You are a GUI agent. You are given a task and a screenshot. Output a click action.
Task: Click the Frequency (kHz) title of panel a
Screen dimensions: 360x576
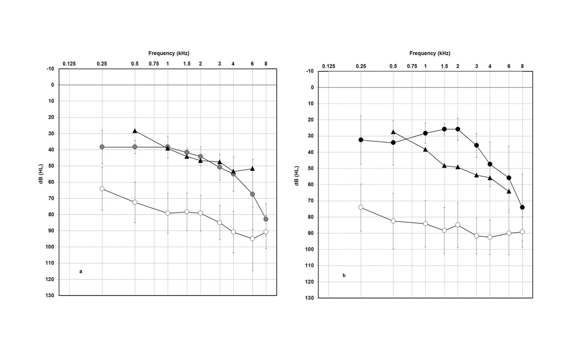[169, 53]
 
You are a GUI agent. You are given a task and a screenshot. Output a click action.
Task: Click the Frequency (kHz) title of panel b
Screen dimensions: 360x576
[430, 53]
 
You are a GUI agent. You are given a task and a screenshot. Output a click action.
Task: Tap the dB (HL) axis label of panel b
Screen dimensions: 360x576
[297, 176]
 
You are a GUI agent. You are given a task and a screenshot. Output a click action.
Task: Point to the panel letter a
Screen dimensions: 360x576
[81, 271]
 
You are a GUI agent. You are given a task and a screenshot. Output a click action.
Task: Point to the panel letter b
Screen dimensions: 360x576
[344, 276]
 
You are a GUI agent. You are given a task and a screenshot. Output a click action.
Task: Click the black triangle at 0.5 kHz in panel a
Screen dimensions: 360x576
[135, 130]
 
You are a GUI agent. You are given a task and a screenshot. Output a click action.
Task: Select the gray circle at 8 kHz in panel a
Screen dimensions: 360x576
[266, 219]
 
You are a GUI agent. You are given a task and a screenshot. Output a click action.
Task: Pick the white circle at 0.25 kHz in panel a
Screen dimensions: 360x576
[102, 189]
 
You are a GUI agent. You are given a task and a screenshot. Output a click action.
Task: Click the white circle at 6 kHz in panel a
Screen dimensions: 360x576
[252, 238]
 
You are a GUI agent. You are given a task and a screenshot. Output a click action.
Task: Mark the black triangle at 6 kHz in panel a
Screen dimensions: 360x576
[252, 169]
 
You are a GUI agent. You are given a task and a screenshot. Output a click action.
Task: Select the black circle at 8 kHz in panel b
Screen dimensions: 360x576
[522, 207]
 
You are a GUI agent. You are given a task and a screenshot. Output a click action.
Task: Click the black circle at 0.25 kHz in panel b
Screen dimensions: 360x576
[361, 140]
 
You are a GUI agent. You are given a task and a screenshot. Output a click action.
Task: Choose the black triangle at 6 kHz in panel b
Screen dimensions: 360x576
[509, 191]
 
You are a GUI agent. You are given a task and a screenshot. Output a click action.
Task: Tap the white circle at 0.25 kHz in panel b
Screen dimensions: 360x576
[361, 207]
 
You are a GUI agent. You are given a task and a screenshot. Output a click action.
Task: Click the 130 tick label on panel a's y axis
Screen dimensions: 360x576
[50, 295]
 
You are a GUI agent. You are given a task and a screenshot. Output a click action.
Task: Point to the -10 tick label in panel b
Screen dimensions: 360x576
[310, 71]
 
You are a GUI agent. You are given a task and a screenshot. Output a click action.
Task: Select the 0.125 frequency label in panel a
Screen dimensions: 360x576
[69, 64]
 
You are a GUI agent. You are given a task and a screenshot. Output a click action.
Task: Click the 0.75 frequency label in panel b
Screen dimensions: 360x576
[412, 66]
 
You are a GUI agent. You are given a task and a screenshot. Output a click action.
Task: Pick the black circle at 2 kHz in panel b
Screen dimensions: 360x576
[457, 129]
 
